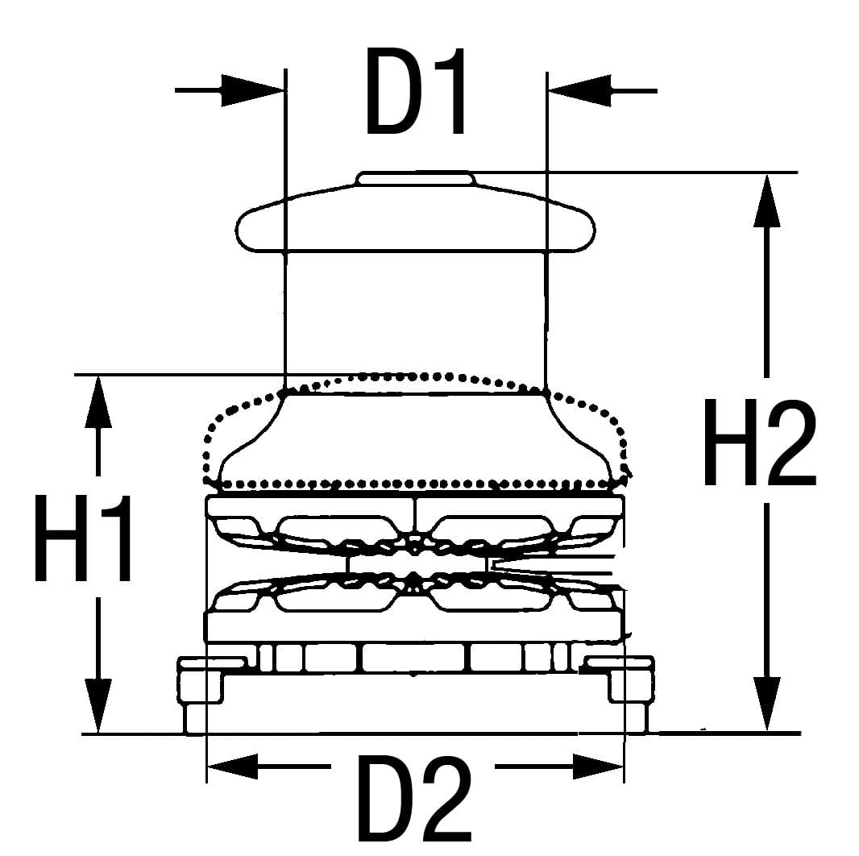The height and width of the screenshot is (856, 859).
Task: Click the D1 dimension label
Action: pos(416,90)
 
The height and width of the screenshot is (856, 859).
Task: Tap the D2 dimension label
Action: pos(413,798)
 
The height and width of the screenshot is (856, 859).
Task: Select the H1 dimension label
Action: pos(85,538)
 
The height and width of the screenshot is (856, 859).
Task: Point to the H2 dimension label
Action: pos(759,443)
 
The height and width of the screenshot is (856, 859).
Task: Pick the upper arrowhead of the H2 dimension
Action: pos(766,202)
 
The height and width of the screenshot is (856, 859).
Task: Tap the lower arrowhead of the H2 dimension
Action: pos(766,703)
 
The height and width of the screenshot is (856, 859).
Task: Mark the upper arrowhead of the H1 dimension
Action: pos(98,402)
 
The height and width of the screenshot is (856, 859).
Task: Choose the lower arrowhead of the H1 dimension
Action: pos(98,704)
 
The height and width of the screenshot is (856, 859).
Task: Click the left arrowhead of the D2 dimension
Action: pos(234,767)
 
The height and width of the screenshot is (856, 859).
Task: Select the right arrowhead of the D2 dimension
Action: pos(598,767)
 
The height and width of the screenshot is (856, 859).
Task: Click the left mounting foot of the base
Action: pos(197,698)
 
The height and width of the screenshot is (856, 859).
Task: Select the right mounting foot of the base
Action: pos(632,698)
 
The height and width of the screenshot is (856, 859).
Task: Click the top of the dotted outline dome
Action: pos(416,376)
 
